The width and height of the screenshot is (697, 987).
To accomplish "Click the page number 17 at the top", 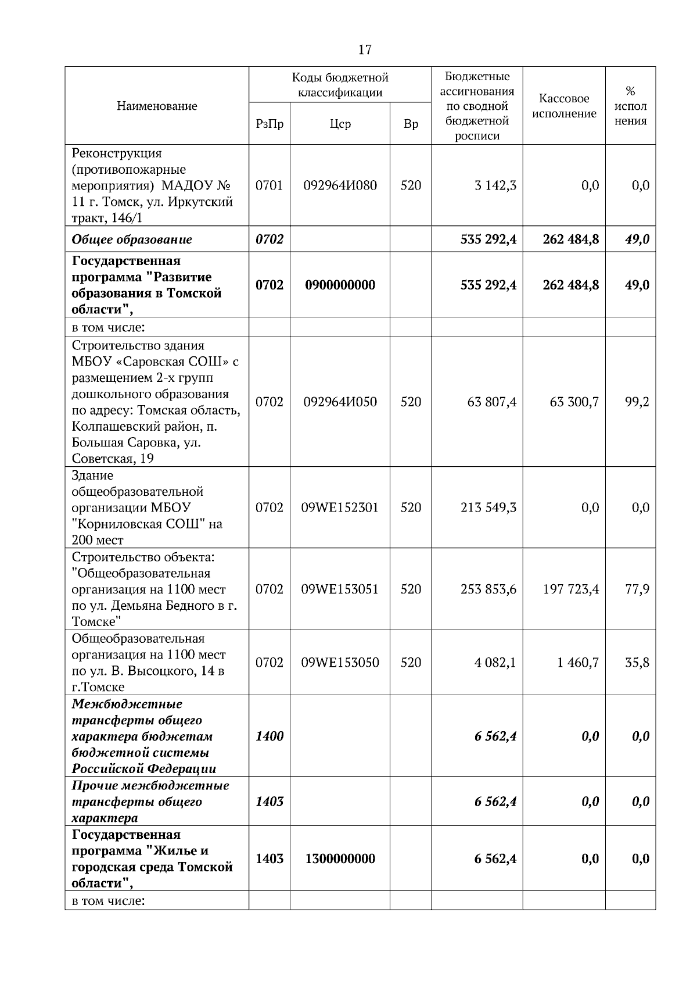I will coord(365,50).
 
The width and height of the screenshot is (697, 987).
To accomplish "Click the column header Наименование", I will coord(157,106).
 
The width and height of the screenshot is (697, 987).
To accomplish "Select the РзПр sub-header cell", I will coord(270,124).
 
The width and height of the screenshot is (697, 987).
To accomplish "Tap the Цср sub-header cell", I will coord(340,124).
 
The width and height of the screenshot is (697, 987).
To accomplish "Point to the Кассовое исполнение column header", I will coord(564,106).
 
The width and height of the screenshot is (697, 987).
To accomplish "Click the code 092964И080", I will coord(340,185).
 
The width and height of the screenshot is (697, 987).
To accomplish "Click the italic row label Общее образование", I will coord(132,239).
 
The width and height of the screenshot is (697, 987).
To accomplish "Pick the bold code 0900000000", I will coord(340,285).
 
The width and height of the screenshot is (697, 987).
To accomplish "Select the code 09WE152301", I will coord(340,507).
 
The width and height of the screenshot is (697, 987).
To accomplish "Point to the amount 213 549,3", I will coord(488,507).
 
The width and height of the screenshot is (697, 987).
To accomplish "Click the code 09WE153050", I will coord(340,663).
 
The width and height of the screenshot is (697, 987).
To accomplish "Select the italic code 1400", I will coord(270,736).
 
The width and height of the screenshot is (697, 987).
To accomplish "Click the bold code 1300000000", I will coord(340,859).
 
